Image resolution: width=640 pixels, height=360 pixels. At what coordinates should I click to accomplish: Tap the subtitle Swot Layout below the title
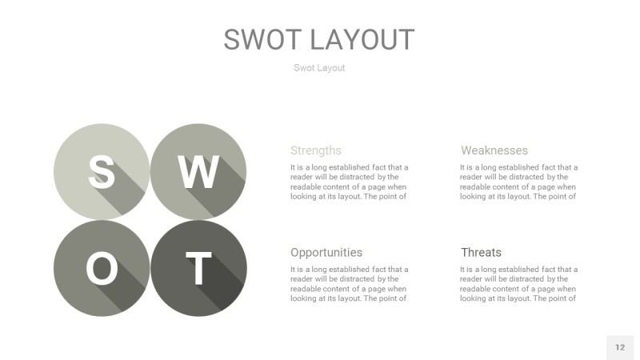(x=319, y=68)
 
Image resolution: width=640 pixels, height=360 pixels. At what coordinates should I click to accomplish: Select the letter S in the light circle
(x=101, y=171)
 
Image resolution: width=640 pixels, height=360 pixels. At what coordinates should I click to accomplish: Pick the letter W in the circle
(x=198, y=171)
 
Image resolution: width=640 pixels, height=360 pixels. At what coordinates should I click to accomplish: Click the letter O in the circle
(x=101, y=269)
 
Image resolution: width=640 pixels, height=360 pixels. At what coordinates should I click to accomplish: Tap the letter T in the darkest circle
(x=198, y=269)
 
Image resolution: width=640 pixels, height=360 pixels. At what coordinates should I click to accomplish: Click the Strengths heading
(x=316, y=150)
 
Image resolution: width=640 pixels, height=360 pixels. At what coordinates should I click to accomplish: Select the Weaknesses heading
(x=494, y=150)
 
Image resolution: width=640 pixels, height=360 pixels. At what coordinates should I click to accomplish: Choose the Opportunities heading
(x=326, y=253)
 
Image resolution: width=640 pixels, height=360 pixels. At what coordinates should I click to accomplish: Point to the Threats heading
(x=481, y=253)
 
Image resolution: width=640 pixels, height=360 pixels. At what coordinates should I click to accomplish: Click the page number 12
(x=620, y=347)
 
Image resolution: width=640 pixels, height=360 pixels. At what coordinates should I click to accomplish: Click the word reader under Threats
(x=472, y=279)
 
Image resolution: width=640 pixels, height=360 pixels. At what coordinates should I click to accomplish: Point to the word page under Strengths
(x=382, y=187)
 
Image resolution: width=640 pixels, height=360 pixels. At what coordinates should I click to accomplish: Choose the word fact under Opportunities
(x=378, y=270)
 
